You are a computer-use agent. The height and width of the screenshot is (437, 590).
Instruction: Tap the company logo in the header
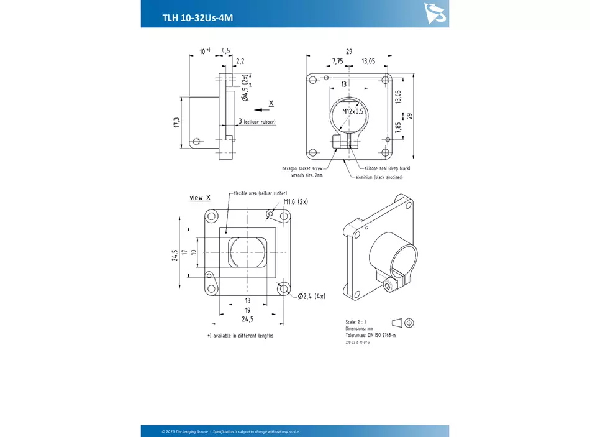pyautogui.click(x=435, y=12)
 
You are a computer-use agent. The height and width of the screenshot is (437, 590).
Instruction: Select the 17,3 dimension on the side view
pyautogui.click(x=177, y=122)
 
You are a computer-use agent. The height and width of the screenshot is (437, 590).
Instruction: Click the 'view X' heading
pyautogui.click(x=200, y=198)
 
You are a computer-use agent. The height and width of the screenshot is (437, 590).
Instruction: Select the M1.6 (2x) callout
pyautogui.click(x=296, y=202)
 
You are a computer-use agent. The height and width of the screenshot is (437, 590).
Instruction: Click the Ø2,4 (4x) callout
pyautogui.click(x=312, y=295)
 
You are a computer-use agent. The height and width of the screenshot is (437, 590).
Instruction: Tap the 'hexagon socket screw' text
pyautogui.click(x=302, y=168)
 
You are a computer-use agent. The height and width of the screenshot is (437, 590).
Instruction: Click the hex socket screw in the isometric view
pyautogui.click(x=389, y=285)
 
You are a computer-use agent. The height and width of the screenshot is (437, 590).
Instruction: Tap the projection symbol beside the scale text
pyautogui.click(x=403, y=322)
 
